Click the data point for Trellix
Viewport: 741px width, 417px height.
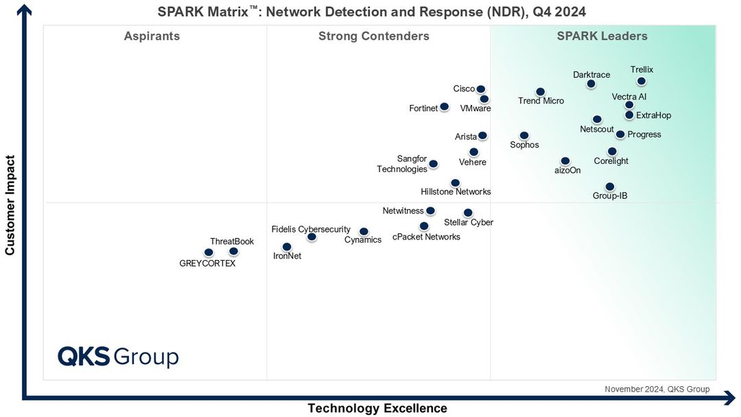pyautogui.click(x=641, y=81)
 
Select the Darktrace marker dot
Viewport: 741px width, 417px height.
pyautogui.click(x=591, y=84)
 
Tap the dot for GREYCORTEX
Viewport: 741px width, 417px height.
pyautogui.click(x=209, y=252)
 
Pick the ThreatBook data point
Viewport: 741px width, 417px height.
pyautogui.click(x=233, y=251)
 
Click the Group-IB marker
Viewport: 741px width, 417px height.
pyautogui.click(x=609, y=187)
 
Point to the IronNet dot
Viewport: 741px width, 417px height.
pyautogui.click(x=287, y=247)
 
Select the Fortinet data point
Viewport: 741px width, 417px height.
pyautogui.click(x=444, y=106)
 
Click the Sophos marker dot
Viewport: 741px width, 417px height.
pyautogui.click(x=524, y=136)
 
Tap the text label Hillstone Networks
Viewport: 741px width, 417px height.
pyautogui.click(x=456, y=192)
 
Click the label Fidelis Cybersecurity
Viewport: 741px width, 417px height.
pyautogui.click(x=311, y=229)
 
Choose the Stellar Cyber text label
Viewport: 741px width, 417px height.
pyautogui.click(x=469, y=222)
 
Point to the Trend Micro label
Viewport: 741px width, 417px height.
pyautogui.click(x=541, y=101)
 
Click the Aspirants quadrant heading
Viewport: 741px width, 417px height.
pyautogui.click(x=152, y=36)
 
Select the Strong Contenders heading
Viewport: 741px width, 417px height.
pyautogui.click(x=374, y=36)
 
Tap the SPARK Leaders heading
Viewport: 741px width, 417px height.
pyautogui.click(x=602, y=36)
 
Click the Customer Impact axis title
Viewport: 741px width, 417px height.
pyautogui.click(x=10, y=204)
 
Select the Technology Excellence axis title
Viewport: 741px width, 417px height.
pyautogui.click(x=377, y=408)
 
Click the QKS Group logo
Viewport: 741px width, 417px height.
pyautogui.click(x=118, y=357)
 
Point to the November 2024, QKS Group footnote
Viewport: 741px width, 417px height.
pyautogui.click(x=657, y=389)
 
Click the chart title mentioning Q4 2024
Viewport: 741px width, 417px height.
pyautogui.click(x=372, y=12)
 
